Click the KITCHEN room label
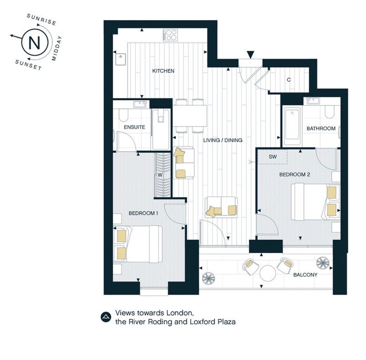click(163, 71)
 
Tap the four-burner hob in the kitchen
click(170, 35)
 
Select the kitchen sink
click(120, 59)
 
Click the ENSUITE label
click(134, 127)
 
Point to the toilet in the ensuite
click(123, 115)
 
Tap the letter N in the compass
click(35, 43)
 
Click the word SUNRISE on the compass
click(42, 20)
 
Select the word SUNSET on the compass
click(28, 65)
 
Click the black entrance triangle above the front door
click(250, 55)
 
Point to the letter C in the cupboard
click(289, 80)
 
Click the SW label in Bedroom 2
click(273, 157)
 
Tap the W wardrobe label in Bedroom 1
click(160, 175)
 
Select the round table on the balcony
click(268, 273)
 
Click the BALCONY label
click(305, 275)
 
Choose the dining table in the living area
click(190, 116)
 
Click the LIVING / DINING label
click(223, 140)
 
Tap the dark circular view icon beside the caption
click(106, 317)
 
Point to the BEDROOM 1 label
click(143, 213)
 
